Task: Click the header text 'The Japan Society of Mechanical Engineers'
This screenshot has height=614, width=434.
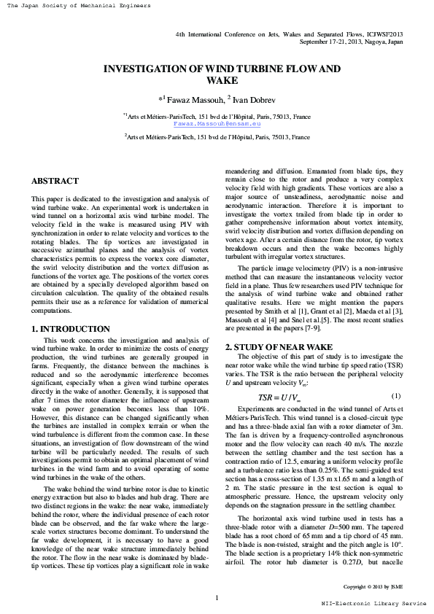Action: (x=76, y=6)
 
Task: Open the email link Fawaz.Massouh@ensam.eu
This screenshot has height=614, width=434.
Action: (x=217, y=124)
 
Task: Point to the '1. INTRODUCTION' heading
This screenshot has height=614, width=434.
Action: (x=71, y=330)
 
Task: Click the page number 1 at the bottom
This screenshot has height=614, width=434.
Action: (x=217, y=598)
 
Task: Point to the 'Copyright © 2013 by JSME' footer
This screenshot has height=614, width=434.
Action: (x=373, y=586)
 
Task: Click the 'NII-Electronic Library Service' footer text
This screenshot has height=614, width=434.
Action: (x=374, y=604)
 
